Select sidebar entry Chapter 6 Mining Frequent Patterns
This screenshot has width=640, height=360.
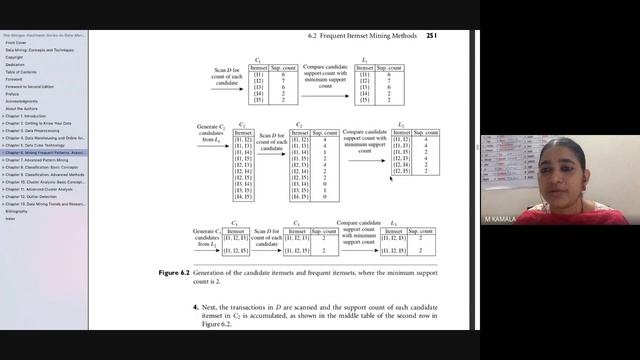click(x=45, y=152)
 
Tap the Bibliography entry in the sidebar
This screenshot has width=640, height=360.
click(x=17, y=211)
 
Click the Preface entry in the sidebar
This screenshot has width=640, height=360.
click(x=13, y=93)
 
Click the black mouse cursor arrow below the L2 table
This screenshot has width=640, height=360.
click(x=392, y=176)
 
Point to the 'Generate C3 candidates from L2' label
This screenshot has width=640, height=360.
click(x=205, y=236)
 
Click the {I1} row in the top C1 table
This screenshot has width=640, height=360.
click(x=258, y=75)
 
